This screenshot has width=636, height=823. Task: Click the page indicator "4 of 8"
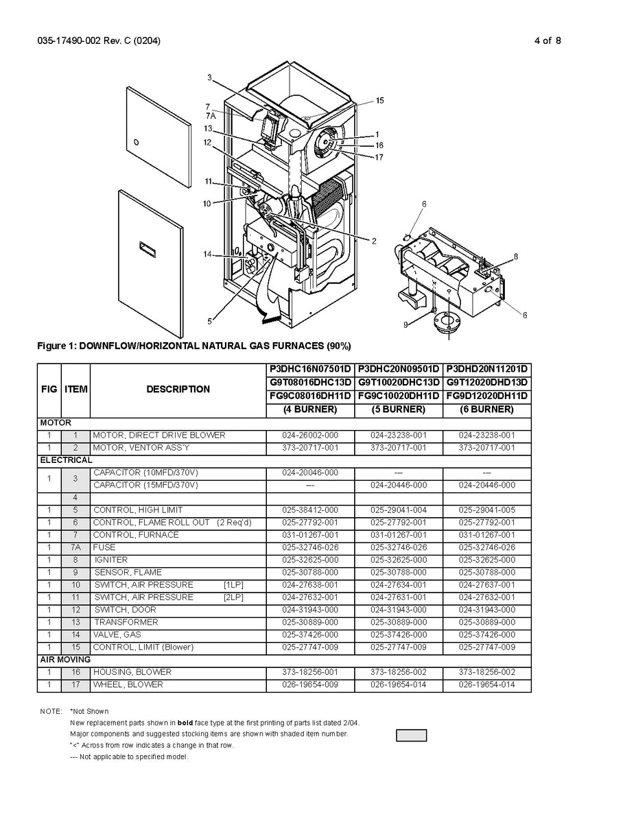pos(547,40)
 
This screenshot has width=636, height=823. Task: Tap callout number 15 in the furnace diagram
pos(379,100)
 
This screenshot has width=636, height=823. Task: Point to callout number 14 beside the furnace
pos(207,254)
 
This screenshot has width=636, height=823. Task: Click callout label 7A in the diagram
pos(210,116)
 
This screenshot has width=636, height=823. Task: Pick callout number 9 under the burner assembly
pos(405,324)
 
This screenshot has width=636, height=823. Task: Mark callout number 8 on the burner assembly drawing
pos(515,256)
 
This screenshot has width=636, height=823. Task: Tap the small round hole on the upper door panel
pos(135,143)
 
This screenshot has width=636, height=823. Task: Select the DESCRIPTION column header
pos(178,389)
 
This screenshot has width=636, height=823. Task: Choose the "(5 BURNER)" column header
pos(398,409)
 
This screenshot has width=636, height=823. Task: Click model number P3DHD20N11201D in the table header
pos(487,369)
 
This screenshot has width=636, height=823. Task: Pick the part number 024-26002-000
pos(310,436)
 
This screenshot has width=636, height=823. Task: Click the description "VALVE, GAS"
pos(117,635)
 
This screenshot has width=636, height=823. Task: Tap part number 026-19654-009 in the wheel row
pos(310,684)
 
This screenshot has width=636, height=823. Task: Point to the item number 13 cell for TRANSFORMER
pos(75,622)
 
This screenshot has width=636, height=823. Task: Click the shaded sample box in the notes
pos(411,735)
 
